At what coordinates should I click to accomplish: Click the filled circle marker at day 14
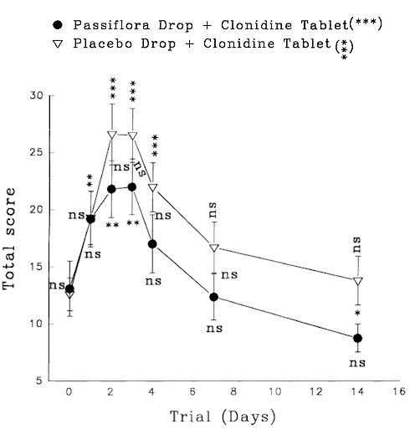358,338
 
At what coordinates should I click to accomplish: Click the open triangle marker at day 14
358,281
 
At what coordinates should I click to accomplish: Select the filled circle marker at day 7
214,297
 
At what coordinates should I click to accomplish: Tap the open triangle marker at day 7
214,248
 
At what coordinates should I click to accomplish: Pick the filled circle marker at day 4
152,244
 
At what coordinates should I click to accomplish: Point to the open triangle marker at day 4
152,188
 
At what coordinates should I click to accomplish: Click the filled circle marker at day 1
90,218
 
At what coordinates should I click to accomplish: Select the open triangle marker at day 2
111,135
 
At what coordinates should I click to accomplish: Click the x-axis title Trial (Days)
221,416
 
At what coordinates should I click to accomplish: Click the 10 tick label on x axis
276,391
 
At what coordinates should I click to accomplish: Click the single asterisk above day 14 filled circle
358,319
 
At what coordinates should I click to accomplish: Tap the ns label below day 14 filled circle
358,363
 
